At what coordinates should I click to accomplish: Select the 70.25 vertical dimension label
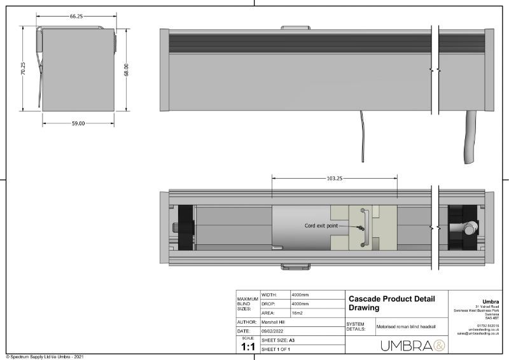click(x=23, y=69)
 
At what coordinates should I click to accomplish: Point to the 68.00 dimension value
click(x=127, y=69)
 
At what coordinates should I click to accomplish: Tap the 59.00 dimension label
click(x=78, y=123)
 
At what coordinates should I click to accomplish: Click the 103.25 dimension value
click(x=335, y=179)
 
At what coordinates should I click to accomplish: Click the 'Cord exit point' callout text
click(x=326, y=225)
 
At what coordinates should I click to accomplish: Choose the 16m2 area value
click(x=298, y=314)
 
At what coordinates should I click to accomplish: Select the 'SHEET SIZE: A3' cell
click(x=277, y=341)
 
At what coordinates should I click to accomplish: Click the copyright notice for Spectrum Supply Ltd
click(x=45, y=356)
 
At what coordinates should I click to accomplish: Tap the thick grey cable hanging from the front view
click(x=472, y=137)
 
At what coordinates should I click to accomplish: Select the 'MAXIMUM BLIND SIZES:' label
click(x=247, y=304)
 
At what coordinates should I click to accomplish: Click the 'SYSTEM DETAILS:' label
click(x=356, y=326)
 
